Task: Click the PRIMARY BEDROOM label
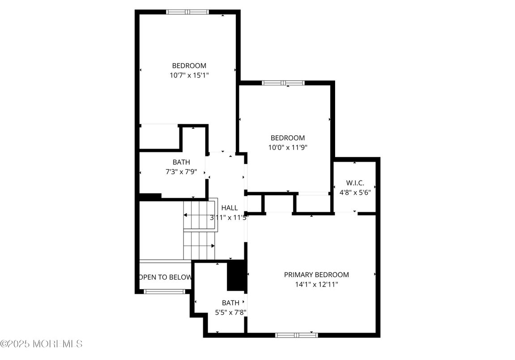(x=316, y=274)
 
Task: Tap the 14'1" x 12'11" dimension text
(x=316, y=284)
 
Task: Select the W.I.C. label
(x=355, y=183)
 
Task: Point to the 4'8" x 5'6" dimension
(x=355, y=193)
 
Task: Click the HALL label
(x=230, y=208)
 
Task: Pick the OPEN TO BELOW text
(x=166, y=277)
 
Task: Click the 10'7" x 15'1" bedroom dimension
(x=189, y=75)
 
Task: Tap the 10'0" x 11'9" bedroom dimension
(x=288, y=147)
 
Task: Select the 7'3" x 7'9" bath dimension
(x=181, y=171)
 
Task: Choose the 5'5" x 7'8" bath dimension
(x=230, y=313)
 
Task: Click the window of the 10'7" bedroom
(x=187, y=12)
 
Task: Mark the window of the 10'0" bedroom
(x=283, y=83)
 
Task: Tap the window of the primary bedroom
(x=296, y=335)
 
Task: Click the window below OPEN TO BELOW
(x=164, y=291)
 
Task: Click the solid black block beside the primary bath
(x=237, y=275)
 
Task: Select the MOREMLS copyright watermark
(x=42, y=344)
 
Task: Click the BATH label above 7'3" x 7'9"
(x=181, y=162)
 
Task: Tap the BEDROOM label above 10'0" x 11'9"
(x=288, y=138)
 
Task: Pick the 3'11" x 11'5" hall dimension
(x=230, y=218)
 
